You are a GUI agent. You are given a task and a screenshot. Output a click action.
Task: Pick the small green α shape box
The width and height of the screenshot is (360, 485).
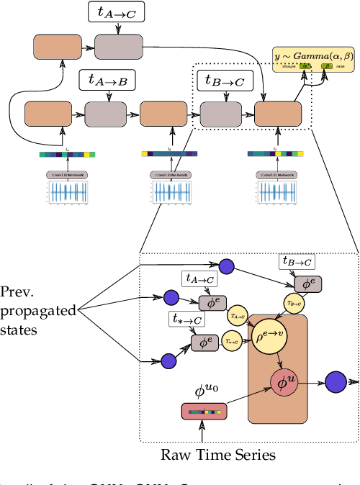[306, 66]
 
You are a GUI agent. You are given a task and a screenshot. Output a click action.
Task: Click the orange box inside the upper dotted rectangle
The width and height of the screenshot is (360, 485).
[276, 114]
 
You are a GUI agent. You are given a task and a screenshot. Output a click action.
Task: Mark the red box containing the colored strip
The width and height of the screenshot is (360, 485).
[204, 411]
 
